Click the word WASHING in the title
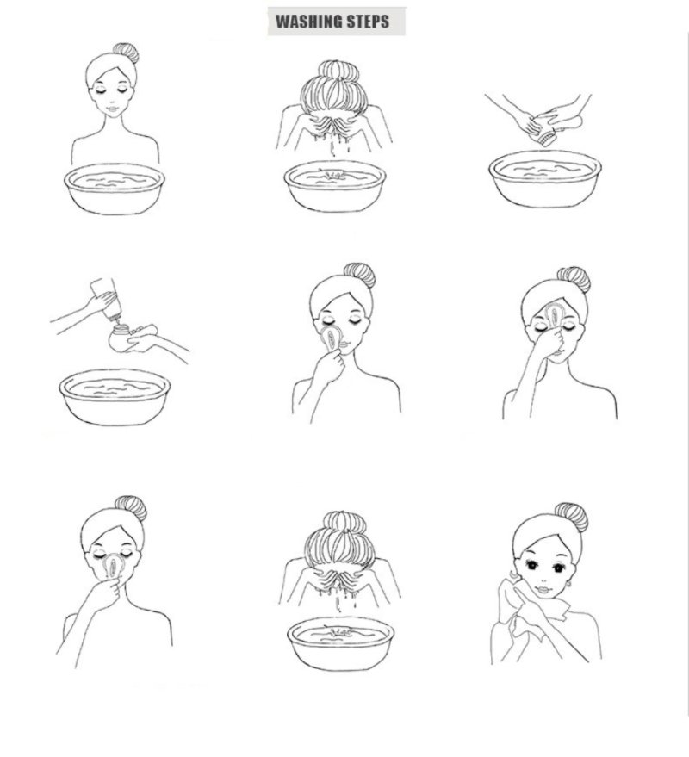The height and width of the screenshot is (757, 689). [x=308, y=22]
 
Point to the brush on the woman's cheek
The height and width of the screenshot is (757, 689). [x=332, y=338]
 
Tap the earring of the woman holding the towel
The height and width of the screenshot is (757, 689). [x=569, y=585]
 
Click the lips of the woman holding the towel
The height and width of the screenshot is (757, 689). [x=543, y=589]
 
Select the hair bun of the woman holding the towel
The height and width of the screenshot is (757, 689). [x=571, y=517]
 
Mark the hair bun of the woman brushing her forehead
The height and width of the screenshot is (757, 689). [x=574, y=280]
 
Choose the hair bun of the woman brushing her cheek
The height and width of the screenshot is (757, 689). [x=360, y=276]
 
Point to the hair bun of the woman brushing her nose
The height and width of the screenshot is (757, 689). [x=131, y=508]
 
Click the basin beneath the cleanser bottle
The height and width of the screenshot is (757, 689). [x=115, y=397]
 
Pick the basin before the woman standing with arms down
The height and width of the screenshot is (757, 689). [x=115, y=189]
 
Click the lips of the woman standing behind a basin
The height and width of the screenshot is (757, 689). [x=112, y=109]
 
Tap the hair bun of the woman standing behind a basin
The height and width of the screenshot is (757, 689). [x=127, y=53]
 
